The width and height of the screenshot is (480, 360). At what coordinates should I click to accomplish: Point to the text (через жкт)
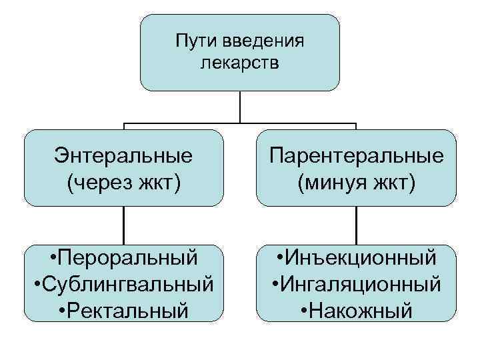pyautogui.click(x=124, y=180)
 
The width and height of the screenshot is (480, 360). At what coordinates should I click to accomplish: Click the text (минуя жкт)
pyautogui.click(x=357, y=180)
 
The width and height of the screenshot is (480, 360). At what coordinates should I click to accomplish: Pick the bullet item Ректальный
pyautogui.click(x=129, y=310)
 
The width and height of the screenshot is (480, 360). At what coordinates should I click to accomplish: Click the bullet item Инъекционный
pyautogui.click(x=362, y=258)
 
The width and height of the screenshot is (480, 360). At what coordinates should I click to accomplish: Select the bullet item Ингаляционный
pyautogui.click(x=362, y=284)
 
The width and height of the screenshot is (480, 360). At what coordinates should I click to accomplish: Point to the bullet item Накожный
pyautogui.click(x=362, y=310)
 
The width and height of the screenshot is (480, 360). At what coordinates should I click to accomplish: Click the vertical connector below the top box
pyautogui.click(x=240, y=107)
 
